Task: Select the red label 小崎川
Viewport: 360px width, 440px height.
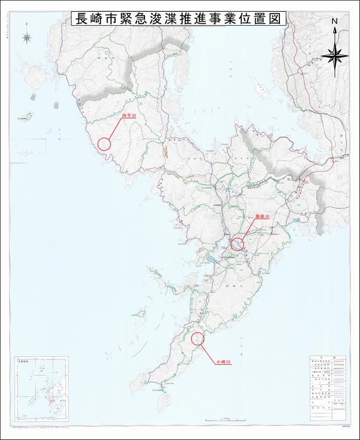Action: [x=223, y=363]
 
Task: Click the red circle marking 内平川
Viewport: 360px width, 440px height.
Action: [x=104, y=143]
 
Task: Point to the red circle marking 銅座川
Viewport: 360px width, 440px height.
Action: [x=237, y=244]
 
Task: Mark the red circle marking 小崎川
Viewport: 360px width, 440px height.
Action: [x=197, y=338]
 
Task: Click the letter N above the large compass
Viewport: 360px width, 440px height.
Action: [x=335, y=21]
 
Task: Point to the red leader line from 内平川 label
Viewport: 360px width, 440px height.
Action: [x=114, y=129]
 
